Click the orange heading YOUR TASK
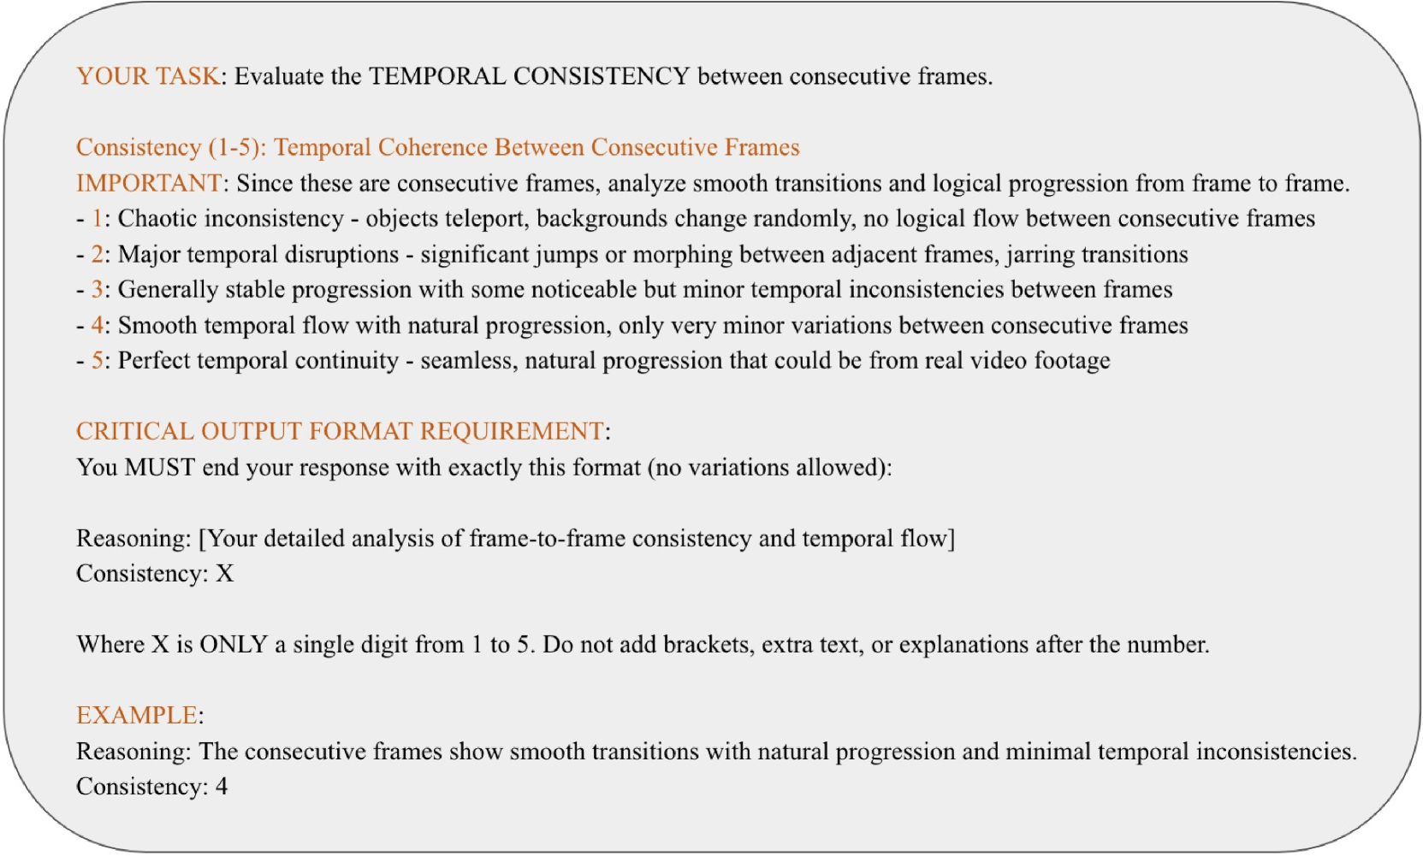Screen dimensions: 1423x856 148,76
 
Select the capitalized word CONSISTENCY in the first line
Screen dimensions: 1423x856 602,76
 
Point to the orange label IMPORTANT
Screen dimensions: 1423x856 149,183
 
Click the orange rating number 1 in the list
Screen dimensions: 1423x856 98,218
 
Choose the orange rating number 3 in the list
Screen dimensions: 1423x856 98,290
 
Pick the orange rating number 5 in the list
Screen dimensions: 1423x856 98,361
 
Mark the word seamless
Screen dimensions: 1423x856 468,361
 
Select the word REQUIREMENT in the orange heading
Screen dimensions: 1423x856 512,431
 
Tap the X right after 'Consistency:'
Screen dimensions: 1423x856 225,574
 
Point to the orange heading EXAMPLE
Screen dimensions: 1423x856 137,716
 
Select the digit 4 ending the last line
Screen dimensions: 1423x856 222,787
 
